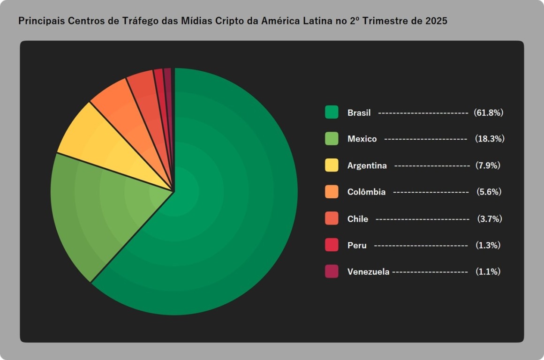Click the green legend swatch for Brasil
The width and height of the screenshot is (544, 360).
[332, 112]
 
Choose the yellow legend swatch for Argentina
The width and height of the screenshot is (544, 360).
[332, 165]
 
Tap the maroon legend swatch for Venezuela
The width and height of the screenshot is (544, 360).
[332, 271]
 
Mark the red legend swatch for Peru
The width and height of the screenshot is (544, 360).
[332, 245]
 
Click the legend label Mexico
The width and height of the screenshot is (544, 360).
[362, 139]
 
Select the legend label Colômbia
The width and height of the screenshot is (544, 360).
[366, 192]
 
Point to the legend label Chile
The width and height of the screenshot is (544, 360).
[357, 219]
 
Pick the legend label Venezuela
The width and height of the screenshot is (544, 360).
[368, 271]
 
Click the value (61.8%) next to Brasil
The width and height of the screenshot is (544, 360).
[488, 112]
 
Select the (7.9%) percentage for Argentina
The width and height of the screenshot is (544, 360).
[488, 165]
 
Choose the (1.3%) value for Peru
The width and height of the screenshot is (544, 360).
[488, 245]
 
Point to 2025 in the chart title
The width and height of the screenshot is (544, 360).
[436, 21]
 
